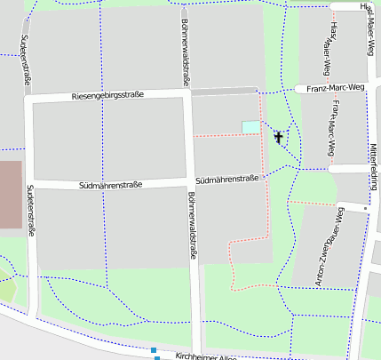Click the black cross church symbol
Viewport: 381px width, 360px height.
coord(279,137)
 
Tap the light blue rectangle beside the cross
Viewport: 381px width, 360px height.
coord(250,127)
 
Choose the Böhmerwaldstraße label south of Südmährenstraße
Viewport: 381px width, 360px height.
coord(193,228)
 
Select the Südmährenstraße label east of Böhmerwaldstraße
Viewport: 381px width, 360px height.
coord(226,179)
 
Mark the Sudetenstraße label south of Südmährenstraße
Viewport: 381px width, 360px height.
coord(31,210)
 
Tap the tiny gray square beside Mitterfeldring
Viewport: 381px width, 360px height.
coord(365,208)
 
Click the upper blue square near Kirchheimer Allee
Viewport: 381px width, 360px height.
coord(154,350)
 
